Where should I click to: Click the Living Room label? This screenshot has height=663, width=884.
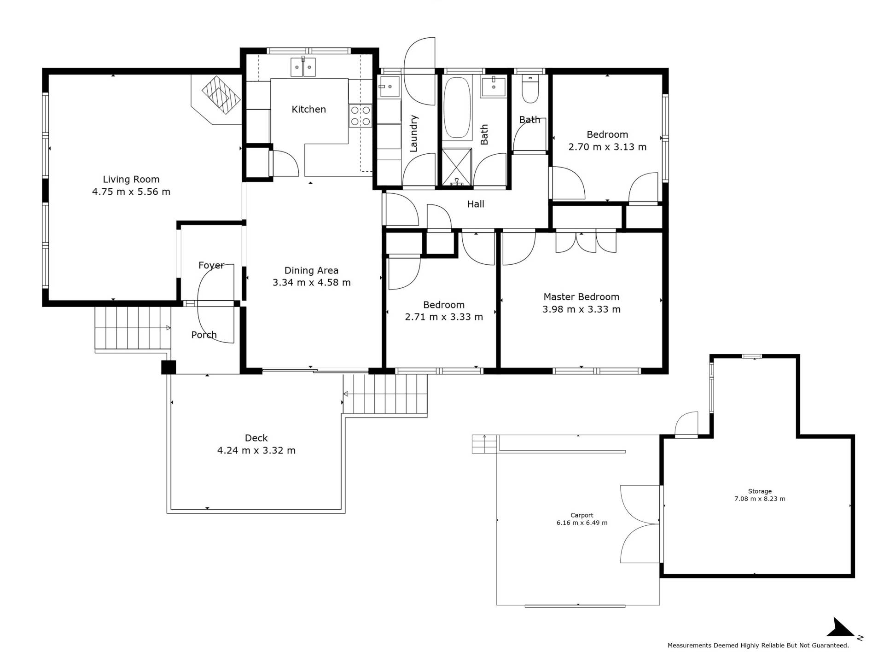tap(131, 180)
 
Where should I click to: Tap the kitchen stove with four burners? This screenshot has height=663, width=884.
tap(361, 116)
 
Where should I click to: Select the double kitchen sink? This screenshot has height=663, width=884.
tap(303, 67)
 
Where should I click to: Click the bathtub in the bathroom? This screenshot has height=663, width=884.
tap(457, 108)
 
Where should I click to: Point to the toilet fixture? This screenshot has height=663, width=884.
tap(530, 89)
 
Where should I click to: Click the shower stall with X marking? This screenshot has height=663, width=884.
tap(457, 168)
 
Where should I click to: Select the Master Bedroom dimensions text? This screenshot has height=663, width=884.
tap(581, 309)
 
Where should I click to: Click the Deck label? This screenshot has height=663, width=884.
tap(256, 438)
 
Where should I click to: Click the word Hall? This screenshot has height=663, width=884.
tap(476, 204)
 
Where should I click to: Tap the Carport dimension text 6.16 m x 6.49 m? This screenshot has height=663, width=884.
tap(582, 523)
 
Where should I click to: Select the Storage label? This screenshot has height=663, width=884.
tap(760, 491)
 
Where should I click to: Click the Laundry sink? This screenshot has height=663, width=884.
tap(389, 87)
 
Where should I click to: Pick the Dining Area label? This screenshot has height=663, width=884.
tap(311, 271)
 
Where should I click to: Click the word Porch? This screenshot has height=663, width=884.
tap(204, 335)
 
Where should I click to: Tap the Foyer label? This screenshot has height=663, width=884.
tap(211, 266)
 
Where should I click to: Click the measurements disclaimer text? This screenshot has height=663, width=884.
tap(758, 646)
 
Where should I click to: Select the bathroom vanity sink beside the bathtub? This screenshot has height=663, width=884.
tap(494, 87)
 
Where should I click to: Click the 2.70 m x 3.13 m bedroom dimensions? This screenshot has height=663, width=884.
tap(607, 147)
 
